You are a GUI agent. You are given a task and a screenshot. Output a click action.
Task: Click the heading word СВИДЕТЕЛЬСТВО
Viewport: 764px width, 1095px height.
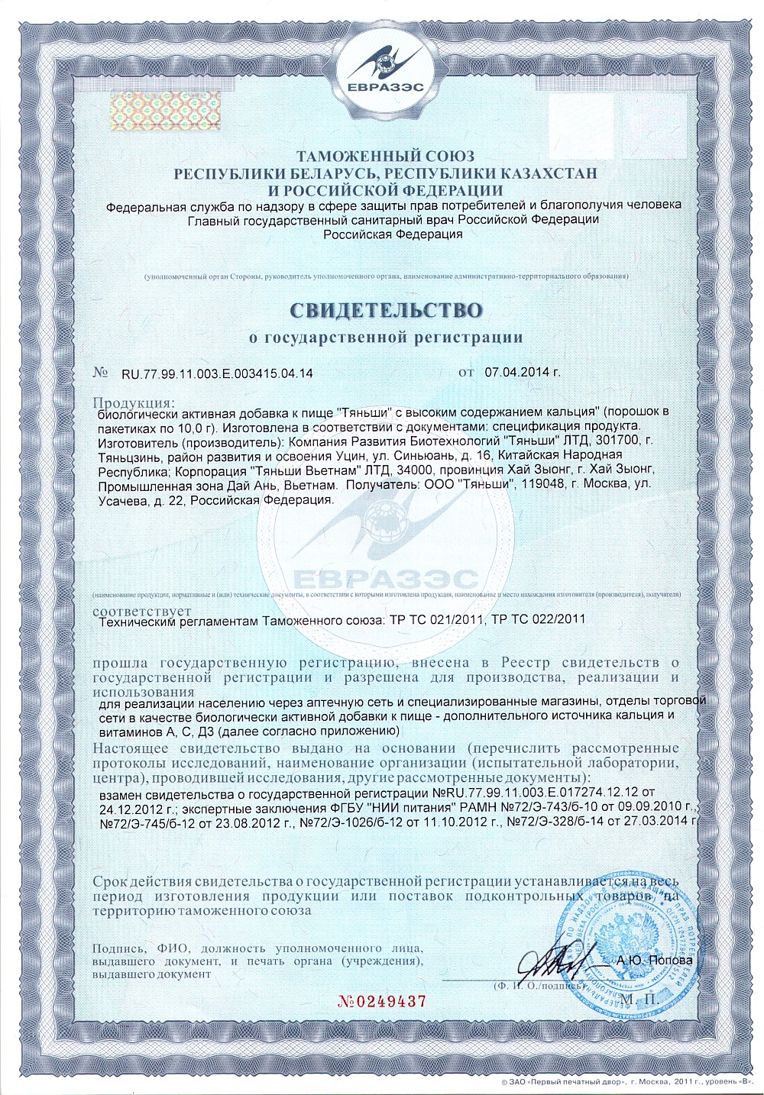pyautogui.click(x=386, y=310)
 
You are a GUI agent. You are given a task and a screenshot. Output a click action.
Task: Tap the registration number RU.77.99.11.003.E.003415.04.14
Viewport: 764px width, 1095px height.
pyautogui.click(x=217, y=373)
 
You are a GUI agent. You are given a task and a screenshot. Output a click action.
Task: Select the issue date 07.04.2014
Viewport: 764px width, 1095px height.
pyautogui.click(x=517, y=373)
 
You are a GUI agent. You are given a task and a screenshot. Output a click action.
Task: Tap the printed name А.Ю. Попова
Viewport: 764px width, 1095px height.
pyautogui.click(x=654, y=960)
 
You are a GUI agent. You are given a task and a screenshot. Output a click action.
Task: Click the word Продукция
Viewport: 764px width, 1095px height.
pyautogui.click(x=133, y=402)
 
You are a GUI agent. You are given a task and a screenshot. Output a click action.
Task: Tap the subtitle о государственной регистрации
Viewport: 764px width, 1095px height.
pyautogui.click(x=386, y=337)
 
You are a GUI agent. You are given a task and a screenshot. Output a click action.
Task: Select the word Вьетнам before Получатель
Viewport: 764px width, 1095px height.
pyautogui.click(x=309, y=484)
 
